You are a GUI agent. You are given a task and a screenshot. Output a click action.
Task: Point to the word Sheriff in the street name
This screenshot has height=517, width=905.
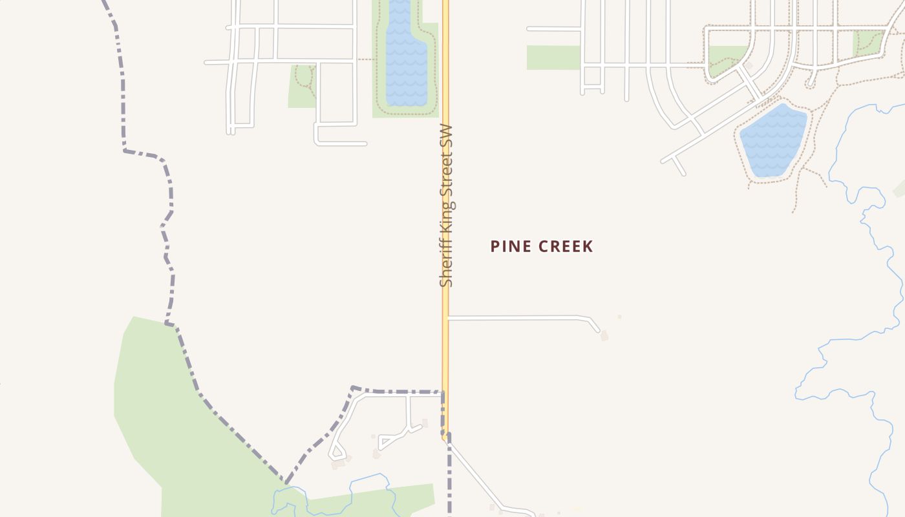(446, 265)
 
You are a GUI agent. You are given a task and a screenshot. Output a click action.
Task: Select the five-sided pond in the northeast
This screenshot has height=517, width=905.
(773, 139)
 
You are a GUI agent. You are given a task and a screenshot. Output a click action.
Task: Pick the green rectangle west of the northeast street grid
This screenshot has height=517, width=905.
(553, 58)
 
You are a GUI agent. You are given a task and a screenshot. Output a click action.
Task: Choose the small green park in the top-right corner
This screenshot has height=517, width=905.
(868, 42)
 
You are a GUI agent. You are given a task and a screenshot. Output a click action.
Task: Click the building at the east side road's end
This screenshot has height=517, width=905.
(604, 336)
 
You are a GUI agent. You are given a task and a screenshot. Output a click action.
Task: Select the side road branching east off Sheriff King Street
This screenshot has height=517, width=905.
(517, 317)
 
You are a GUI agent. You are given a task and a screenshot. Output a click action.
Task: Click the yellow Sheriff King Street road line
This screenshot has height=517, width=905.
(445, 355)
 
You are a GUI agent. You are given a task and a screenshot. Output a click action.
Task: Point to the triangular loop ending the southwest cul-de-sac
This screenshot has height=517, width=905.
(336, 450)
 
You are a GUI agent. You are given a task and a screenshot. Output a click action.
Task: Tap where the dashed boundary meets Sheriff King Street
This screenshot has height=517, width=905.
(443, 392)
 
